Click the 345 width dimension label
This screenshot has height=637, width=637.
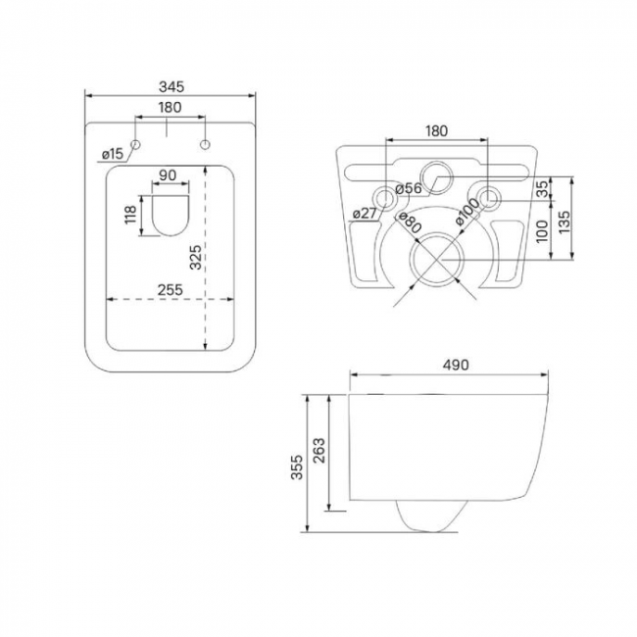171,86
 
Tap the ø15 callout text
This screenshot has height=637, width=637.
112,154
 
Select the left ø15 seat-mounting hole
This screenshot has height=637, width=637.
135,145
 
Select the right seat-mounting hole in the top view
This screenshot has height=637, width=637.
206,145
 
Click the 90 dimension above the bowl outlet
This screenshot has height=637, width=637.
168,175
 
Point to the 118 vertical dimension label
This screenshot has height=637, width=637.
130,215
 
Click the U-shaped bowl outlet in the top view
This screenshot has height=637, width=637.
171,216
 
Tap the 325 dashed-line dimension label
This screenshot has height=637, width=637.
195,257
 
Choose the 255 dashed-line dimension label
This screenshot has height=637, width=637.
171,290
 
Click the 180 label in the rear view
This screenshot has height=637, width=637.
437,130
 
